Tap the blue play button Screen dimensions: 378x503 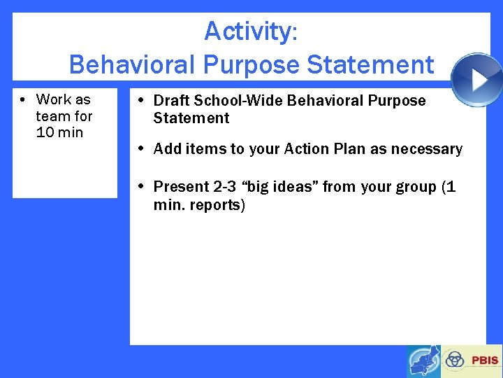[476, 79]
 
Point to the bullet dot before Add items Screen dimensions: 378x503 [141, 149]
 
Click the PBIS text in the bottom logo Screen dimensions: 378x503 [485, 360]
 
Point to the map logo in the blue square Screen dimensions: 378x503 [423, 361]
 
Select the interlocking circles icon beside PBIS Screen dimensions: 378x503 [455, 360]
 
